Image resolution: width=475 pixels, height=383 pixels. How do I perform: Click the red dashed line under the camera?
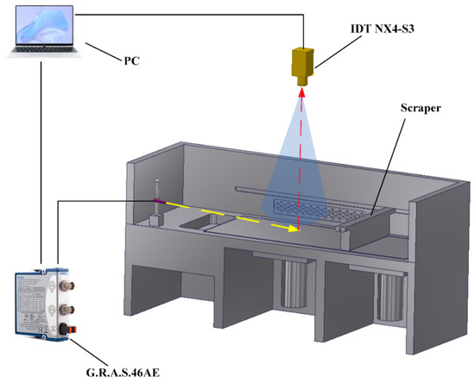[301, 155]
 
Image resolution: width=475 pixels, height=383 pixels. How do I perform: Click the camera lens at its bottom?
[302, 86]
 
